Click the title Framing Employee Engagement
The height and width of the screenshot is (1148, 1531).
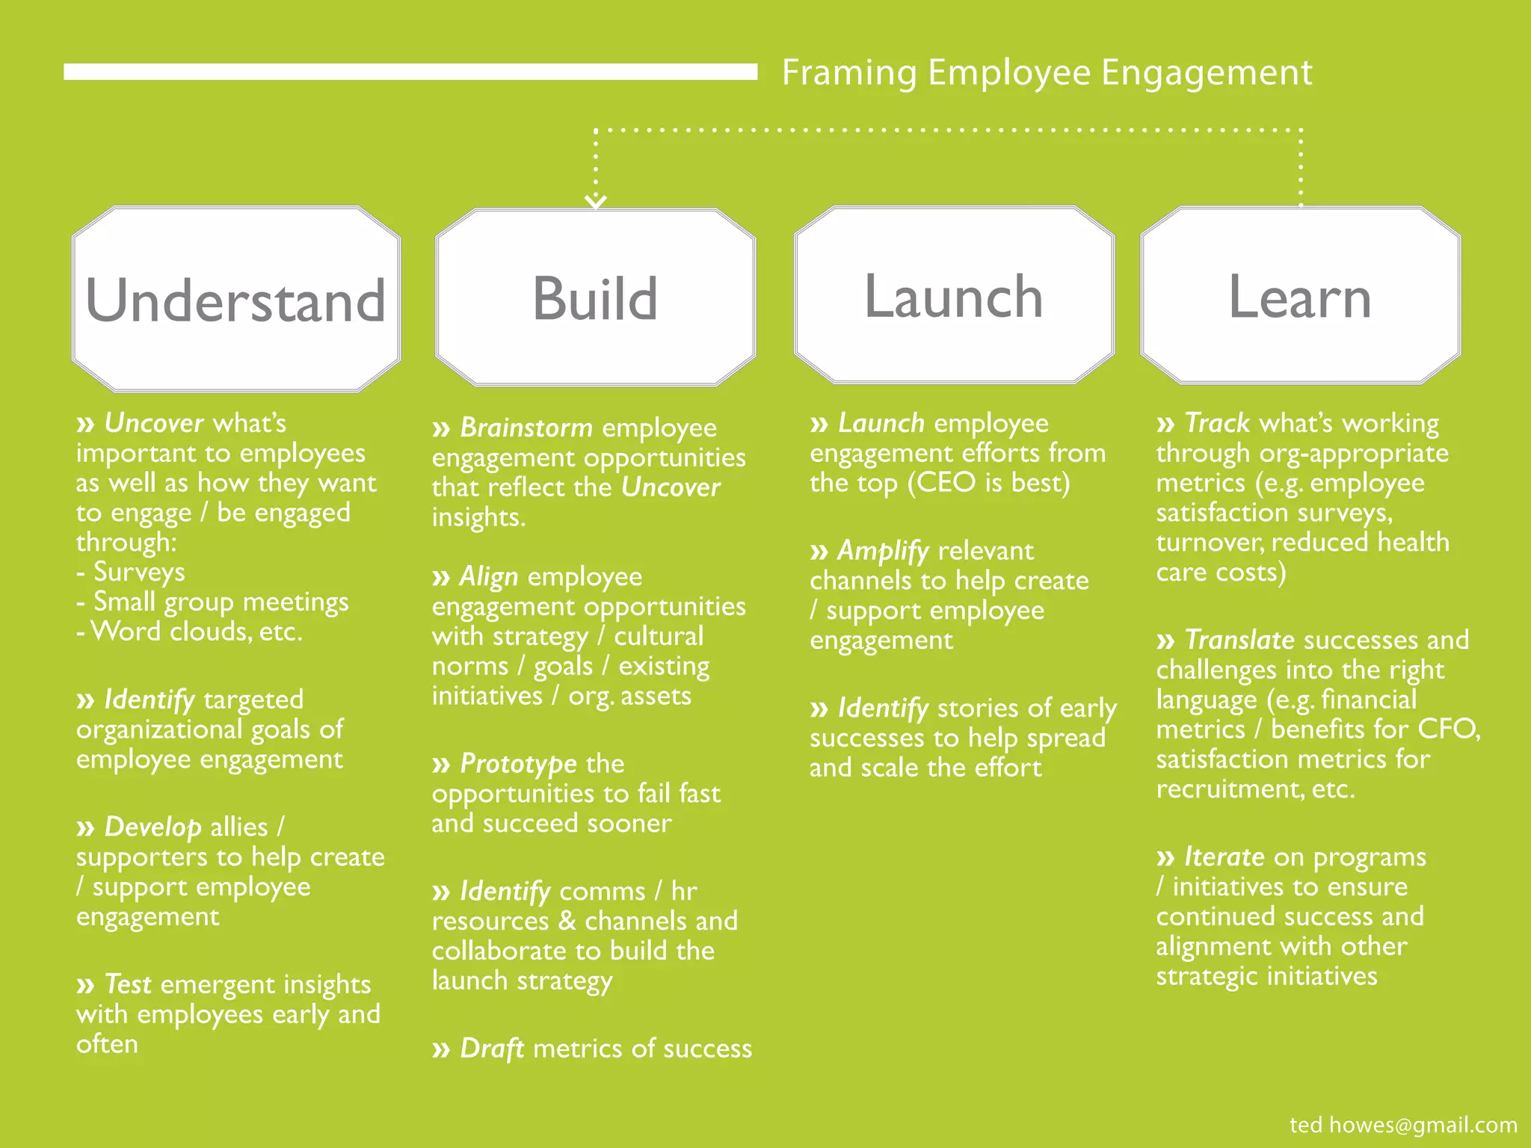coord(1047,73)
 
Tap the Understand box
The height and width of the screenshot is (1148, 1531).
coord(236,299)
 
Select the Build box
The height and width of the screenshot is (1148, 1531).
coord(595,297)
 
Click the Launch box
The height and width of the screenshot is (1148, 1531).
coord(954,296)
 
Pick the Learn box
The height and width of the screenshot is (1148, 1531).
coord(1300,296)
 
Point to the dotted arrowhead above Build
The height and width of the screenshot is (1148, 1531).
coord(596,200)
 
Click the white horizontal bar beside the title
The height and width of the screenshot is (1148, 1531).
coord(410,72)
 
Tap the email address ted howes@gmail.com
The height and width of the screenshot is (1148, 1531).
coord(1403,1124)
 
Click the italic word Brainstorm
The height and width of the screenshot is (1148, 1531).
coord(526,428)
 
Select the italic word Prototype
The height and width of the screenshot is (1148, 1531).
coord(518,764)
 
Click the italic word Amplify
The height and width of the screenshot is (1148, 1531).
coord(883,551)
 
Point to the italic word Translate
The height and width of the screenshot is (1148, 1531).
coord(1239,640)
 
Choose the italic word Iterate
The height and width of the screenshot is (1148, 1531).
coord(1224,857)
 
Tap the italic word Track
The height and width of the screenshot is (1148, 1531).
coord(1217,423)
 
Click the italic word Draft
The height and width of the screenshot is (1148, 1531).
coord(492,1049)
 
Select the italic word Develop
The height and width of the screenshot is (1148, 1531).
coord(153,827)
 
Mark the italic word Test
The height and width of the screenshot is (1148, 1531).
coord(128,984)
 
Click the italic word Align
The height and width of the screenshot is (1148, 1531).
coord(489,576)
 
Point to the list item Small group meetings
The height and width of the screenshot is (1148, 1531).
coord(221,602)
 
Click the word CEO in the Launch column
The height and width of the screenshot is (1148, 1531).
coord(946,483)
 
